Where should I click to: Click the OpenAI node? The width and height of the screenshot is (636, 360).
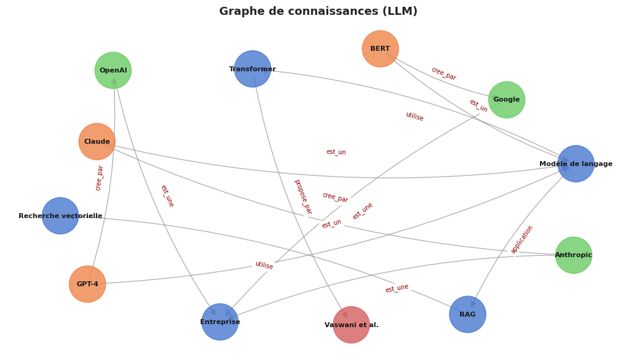tap(113, 70)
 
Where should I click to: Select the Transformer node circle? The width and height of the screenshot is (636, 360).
tap(253, 69)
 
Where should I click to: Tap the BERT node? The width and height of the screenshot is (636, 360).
tap(380, 48)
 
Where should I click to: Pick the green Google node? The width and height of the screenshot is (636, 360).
tap(507, 100)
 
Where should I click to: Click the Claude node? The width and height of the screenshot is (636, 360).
tap(97, 141)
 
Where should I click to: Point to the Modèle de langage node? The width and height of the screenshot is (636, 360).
tap(576, 164)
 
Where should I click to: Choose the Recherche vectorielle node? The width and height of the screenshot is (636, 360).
tap(60, 216)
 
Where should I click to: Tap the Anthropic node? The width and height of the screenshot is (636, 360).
tap(573, 255)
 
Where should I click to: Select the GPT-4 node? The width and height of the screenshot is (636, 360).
tap(87, 284)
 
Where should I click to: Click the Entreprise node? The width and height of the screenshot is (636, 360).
tap(220, 322)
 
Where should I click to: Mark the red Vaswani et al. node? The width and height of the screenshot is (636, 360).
tap(351, 325)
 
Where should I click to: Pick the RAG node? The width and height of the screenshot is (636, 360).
tap(468, 314)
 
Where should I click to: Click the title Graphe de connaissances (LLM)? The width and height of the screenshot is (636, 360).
tap(318, 11)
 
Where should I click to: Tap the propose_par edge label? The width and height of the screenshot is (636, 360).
tap(303, 196)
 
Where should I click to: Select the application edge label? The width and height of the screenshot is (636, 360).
tap(522, 239)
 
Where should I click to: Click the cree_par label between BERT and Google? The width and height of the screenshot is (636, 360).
tap(443, 74)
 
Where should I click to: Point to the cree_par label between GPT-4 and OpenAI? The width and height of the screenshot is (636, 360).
tap(100, 178)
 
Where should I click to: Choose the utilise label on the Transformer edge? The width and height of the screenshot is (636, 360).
tap(414, 116)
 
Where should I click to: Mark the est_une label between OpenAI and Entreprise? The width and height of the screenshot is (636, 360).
tap(167, 196)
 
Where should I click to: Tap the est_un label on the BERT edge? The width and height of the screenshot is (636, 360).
tap(478, 106)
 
